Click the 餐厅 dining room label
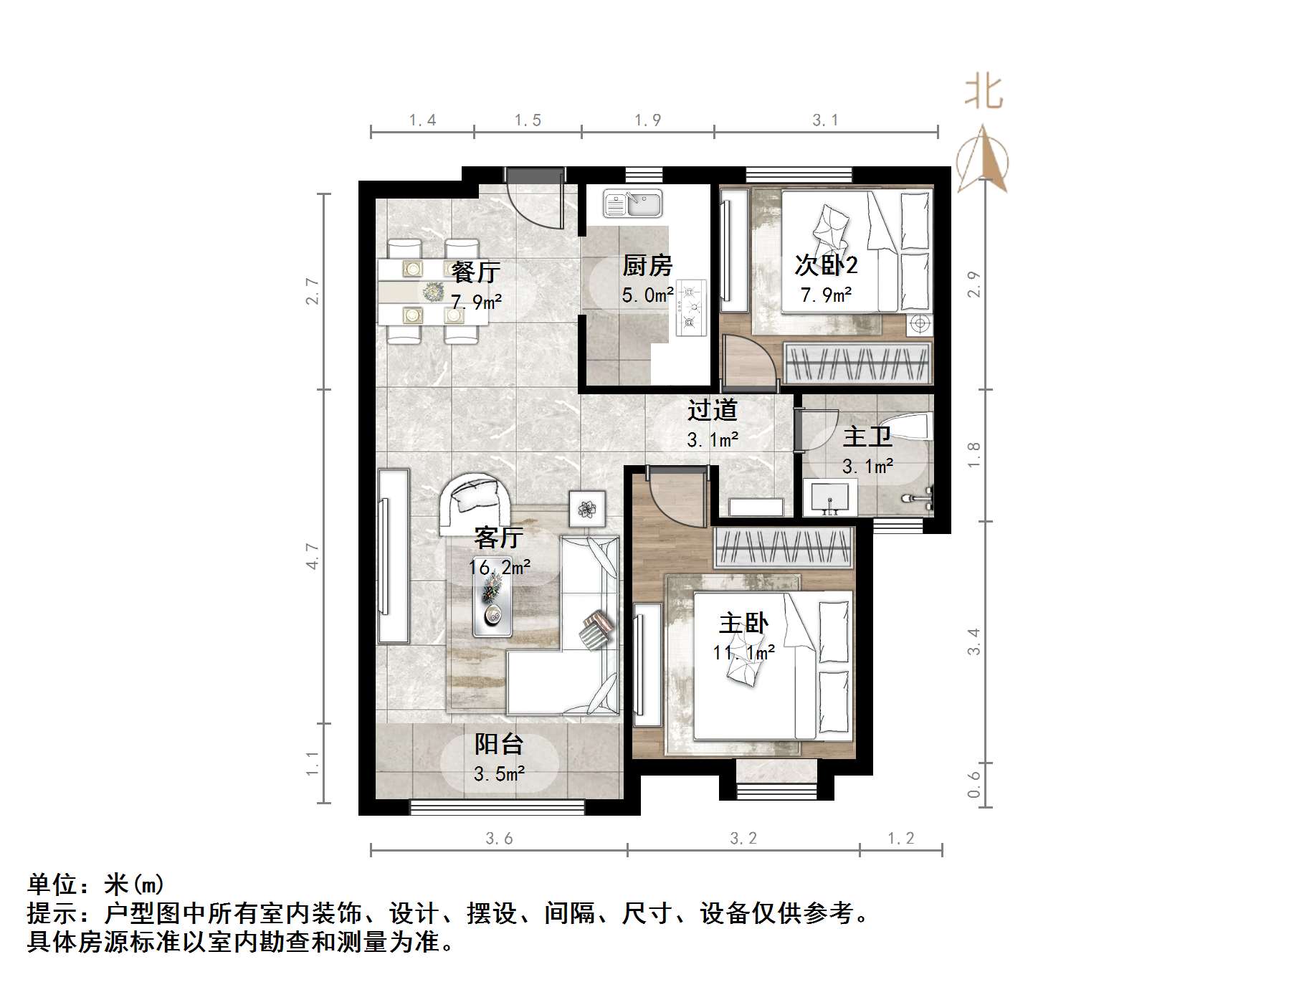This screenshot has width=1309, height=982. (475, 272)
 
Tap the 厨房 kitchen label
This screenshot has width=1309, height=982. (647, 266)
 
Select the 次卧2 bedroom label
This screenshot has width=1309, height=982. (826, 265)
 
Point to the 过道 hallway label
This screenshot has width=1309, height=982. (713, 411)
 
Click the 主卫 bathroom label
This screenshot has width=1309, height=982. (867, 437)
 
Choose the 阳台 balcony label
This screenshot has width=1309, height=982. (499, 745)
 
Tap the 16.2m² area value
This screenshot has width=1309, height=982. (500, 568)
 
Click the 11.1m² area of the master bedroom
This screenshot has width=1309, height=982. (744, 652)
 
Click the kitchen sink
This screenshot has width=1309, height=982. (633, 203)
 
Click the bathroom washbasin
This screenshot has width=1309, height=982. (830, 497)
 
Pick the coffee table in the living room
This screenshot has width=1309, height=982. (492, 606)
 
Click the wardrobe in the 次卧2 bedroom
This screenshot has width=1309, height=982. (858, 363)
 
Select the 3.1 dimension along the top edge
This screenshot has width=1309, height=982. (825, 120)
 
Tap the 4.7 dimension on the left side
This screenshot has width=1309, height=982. (313, 556)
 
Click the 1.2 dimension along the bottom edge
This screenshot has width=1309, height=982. (901, 838)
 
